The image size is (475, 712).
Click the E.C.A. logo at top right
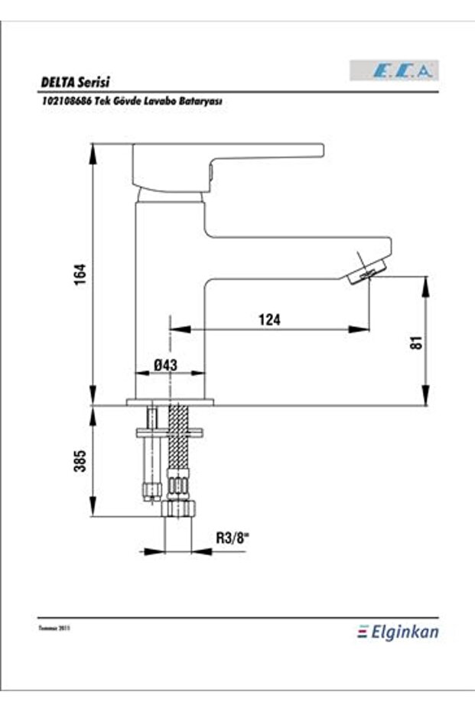click(395, 70)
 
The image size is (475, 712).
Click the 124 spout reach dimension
click(269, 320)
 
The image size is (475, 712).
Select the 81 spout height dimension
click(416, 342)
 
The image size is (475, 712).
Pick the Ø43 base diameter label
click(165, 366)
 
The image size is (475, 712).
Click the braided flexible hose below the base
click(177, 451)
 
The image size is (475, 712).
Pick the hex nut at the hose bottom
click(177, 510)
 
